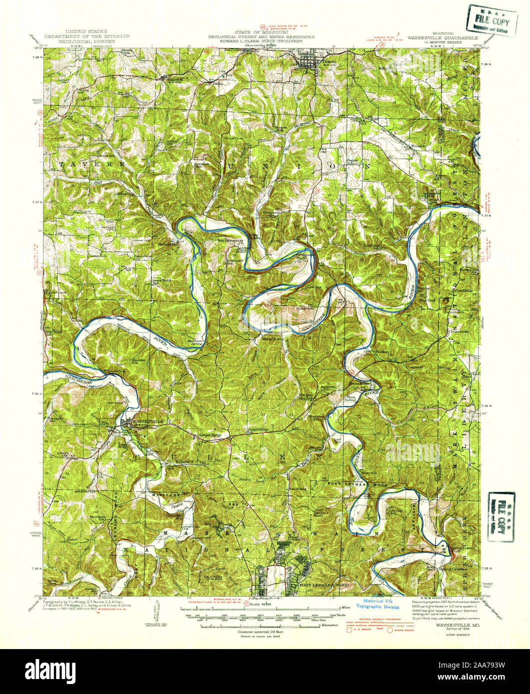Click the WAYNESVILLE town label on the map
click(x=146, y=421)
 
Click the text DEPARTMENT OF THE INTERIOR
click(x=87, y=37)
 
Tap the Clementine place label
click(x=457, y=332)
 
